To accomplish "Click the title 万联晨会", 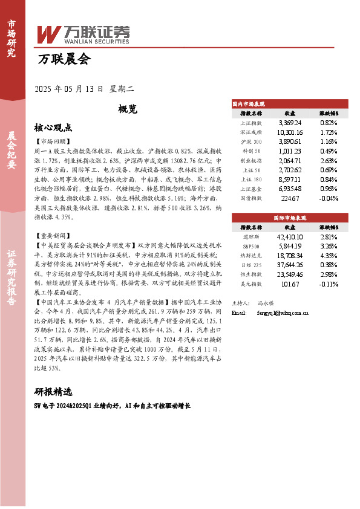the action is click(64, 60).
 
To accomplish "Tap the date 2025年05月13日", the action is click(70, 89).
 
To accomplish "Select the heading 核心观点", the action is click(53, 128).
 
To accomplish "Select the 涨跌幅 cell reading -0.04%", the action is click(329, 197).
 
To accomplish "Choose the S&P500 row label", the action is click(250, 247).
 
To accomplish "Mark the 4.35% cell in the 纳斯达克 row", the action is click(329, 256).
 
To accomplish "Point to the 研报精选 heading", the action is click(53, 391).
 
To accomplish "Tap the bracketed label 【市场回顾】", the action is click(53, 141).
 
